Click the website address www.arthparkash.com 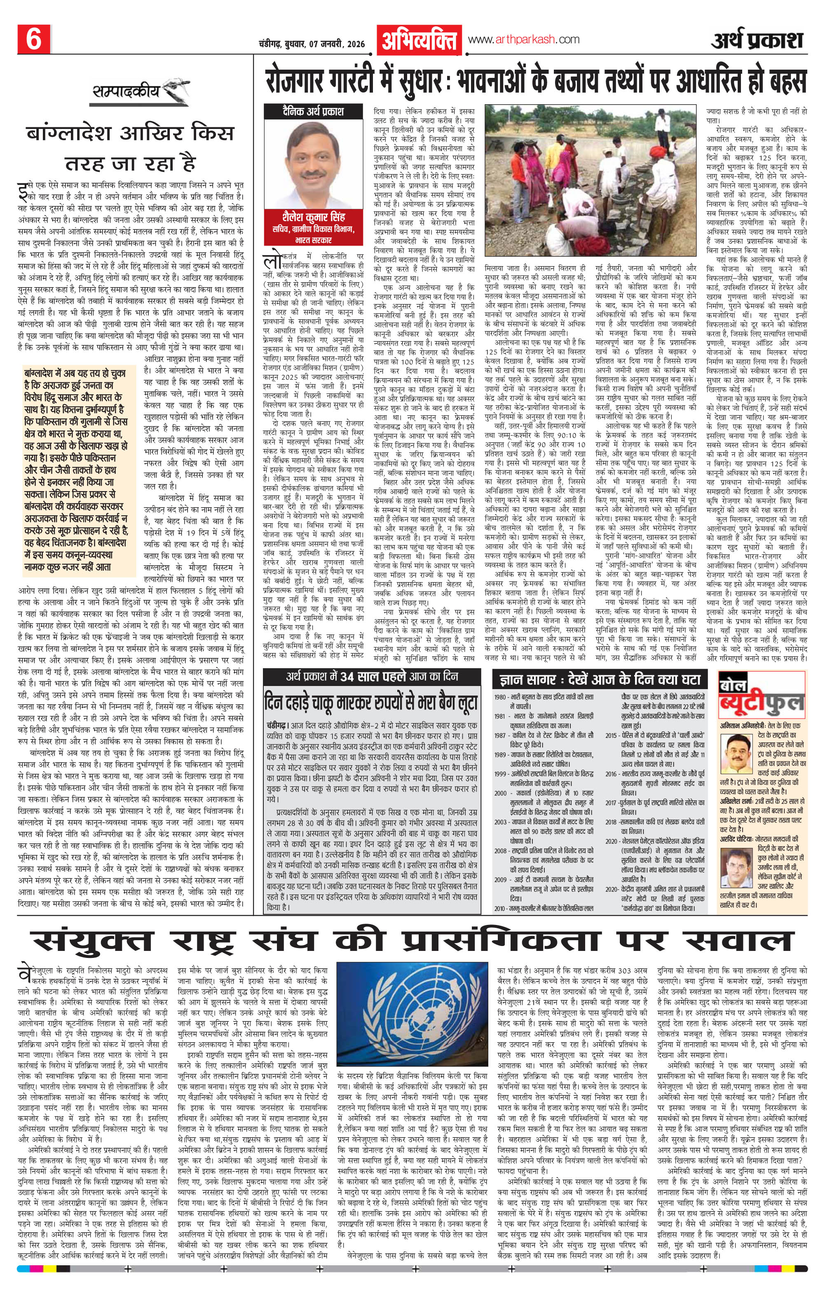coord(523,39)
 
